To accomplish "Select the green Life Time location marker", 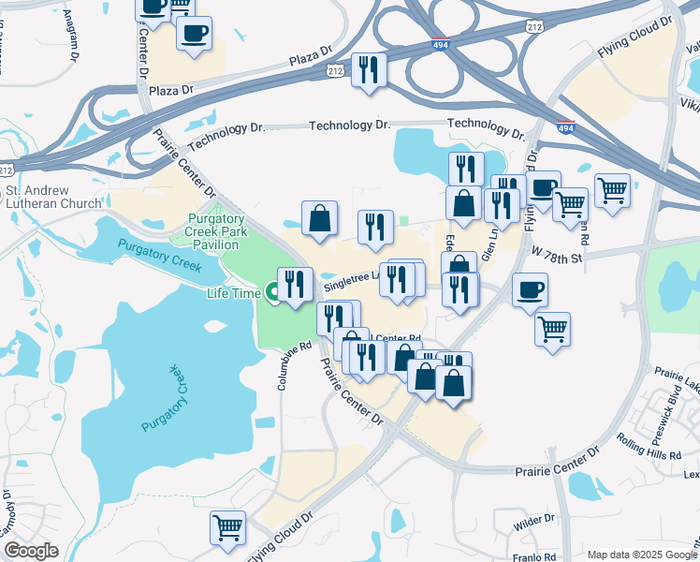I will (x=274, y=293).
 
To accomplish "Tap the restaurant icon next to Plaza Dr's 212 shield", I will (x=369, y=69).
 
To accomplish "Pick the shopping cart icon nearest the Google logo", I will (x=228, y=528).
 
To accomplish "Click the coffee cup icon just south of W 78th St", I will (x=530, y=290).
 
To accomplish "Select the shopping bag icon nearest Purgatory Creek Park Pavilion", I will (x=319, y=219).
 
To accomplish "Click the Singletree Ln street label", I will (x=351, y=280).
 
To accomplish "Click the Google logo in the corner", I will (x=31, y=551).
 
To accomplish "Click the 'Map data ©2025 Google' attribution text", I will (x=641, y=554).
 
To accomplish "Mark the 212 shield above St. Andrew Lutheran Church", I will (x=7, y=170).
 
